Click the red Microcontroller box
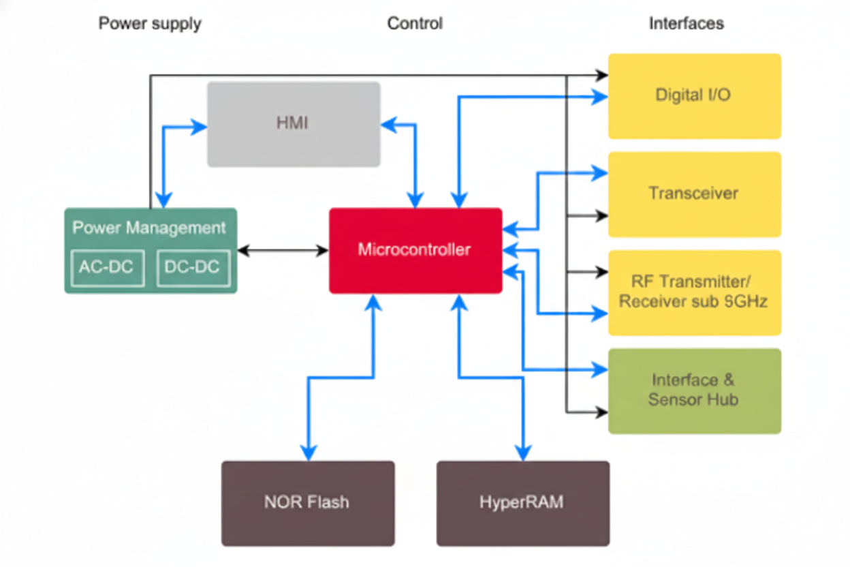[x=415, y=250]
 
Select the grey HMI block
[x=294, y=124]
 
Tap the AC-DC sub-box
[x=107, y=268]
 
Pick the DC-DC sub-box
[x=193, y=268]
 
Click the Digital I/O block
[x=694, y=95]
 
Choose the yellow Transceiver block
[x=694, y=194]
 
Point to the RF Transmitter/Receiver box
[x=694, y=292]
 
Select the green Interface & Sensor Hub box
[x=694, y=390]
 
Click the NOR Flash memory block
[x=308, y=503]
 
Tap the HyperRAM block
[x=522, y=503]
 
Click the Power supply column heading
[x=150, y=24]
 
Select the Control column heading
[x=415, y=24]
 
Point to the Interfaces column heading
[x=686, y=24]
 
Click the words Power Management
[x=149, y=228]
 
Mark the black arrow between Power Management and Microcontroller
[x=283, y=251]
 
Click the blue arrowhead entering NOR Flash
[x=309, y=453]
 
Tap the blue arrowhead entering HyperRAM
[x=523, y=453]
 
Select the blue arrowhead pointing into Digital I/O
[x=600, y=97]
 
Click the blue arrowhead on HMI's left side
[x=200, y=126]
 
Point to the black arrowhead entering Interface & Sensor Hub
[x=601, y=412]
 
